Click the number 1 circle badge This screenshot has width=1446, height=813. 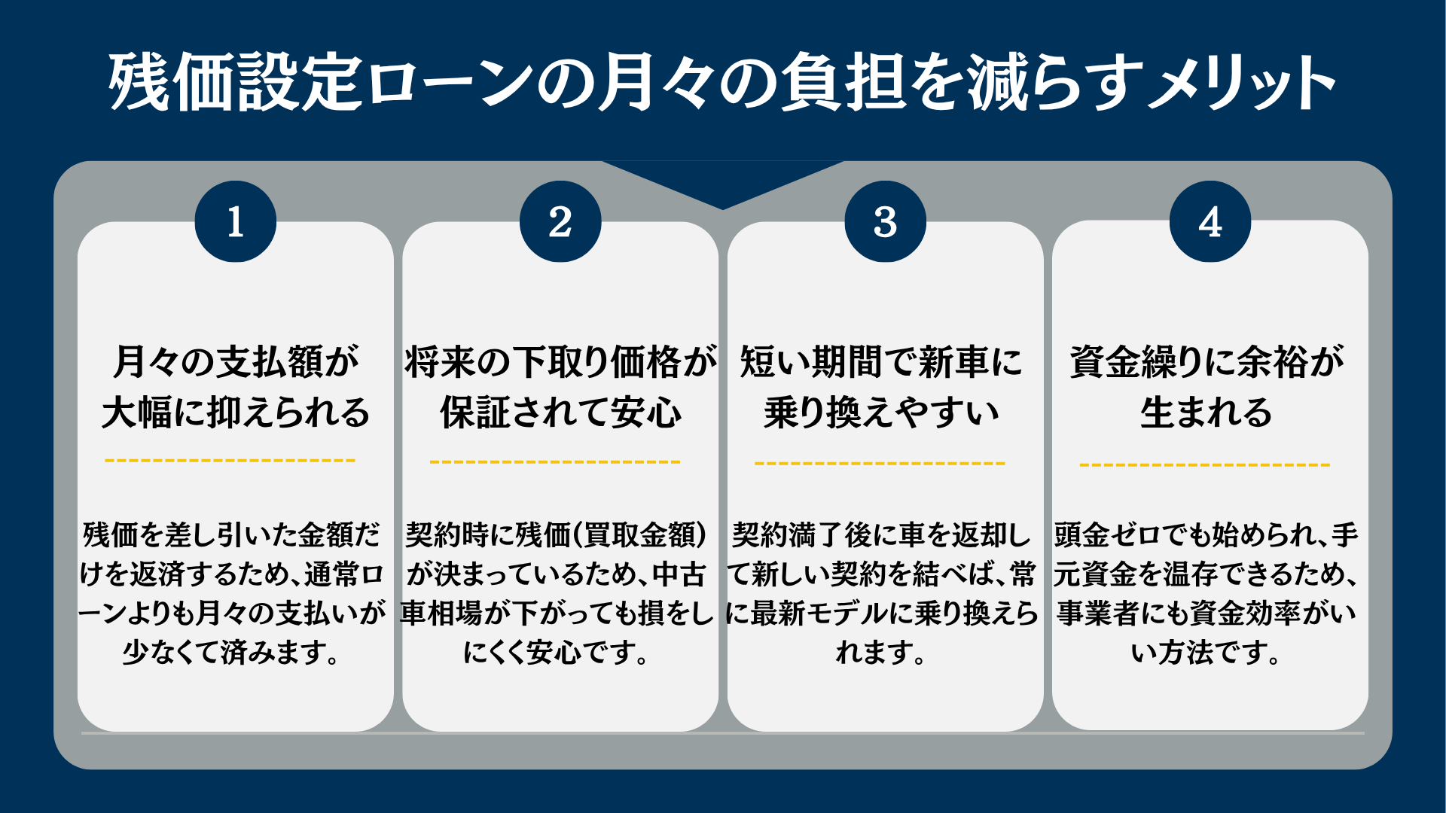[236, 221]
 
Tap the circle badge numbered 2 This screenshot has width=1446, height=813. [560, 221]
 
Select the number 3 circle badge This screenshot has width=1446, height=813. [886, 221]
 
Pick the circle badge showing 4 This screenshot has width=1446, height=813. [1210, 221]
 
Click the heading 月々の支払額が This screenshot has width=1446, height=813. [236, 361]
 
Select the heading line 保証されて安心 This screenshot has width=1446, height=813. [561, 413]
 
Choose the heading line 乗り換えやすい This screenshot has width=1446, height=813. [882, 413]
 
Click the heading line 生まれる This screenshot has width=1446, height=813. [1207, 413]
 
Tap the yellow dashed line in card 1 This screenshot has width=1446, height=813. [230, 460]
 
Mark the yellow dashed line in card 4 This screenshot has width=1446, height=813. [1205, 464]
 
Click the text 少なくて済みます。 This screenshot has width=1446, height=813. [232, 652]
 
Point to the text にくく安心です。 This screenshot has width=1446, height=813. [557, 652]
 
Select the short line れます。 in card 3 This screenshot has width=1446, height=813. [881, 652]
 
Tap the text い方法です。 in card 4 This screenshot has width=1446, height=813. [1206, 652]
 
